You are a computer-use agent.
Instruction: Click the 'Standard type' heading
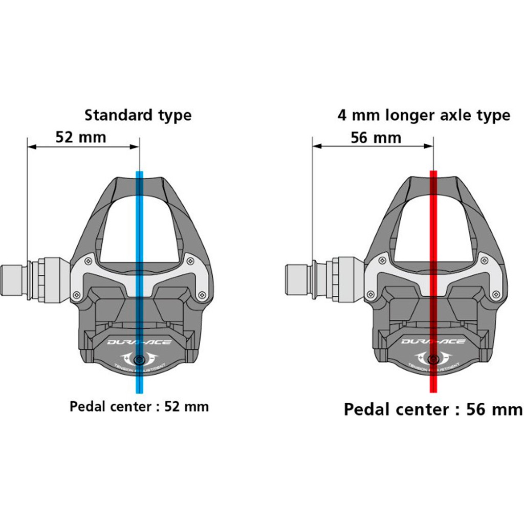coord(138,115)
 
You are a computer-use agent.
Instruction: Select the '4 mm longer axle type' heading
coord(424,115)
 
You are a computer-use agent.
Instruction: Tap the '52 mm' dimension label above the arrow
coord(81,137)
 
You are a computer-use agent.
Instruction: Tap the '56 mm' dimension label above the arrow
coord(376,137)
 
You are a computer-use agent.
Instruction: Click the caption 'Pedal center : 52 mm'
coord(139,407)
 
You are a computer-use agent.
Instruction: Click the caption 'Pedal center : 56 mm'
coord(433,410)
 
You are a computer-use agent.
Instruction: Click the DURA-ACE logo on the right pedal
coord(433,341)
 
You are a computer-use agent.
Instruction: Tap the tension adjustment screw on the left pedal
coord(138,359)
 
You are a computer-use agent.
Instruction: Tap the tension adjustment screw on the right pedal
coord(433,359)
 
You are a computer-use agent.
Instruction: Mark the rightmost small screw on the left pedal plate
coord(203,294)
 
